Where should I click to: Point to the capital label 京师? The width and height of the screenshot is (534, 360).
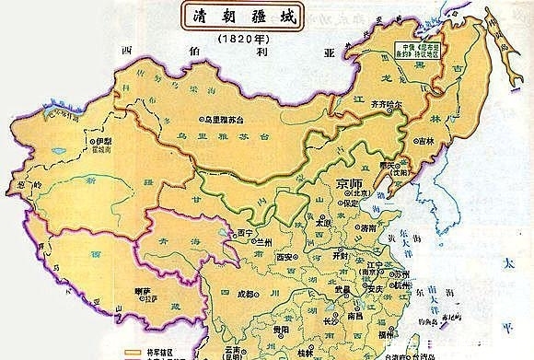tap(352, 183)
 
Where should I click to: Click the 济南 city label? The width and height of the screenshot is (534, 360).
tap(369, 227)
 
